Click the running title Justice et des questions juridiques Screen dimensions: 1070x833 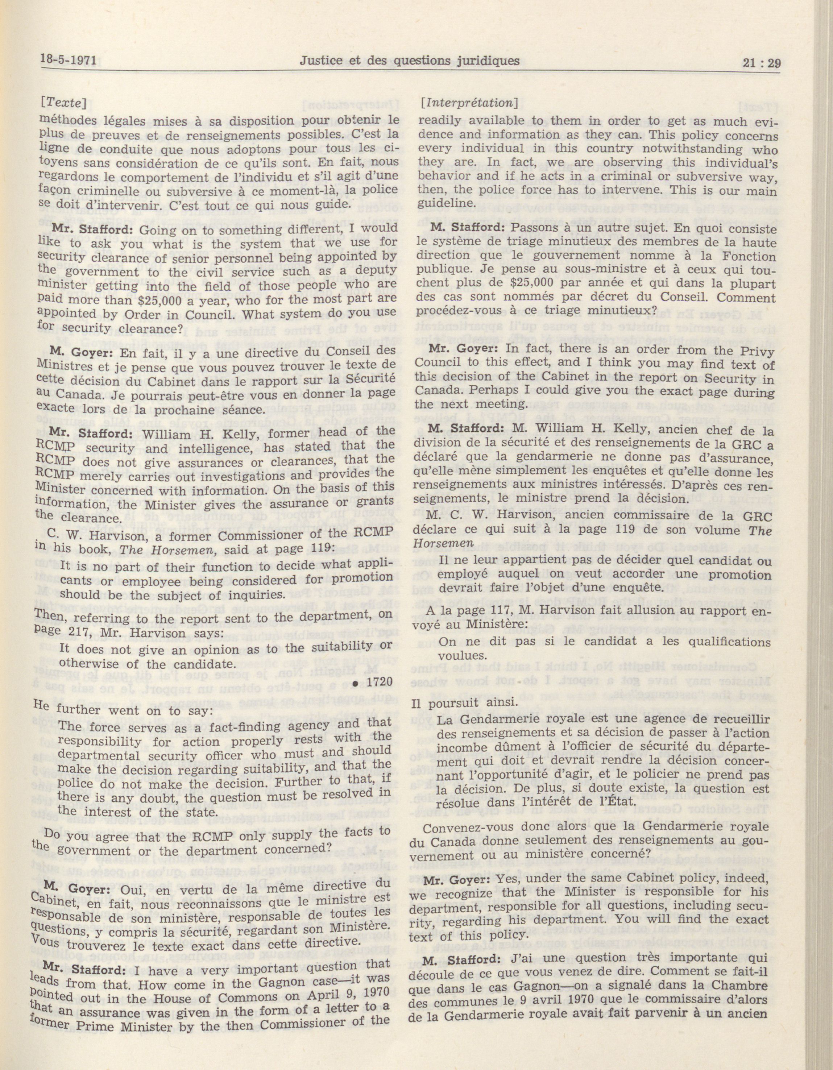pyautogui.click(x=410, y=61)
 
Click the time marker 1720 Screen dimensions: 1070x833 pyautogui.click(x=375, y=682)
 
